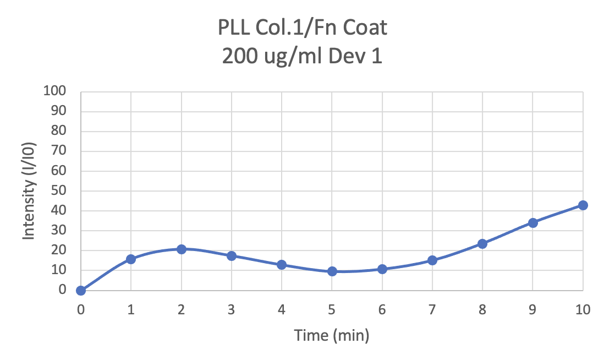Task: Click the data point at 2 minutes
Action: [x=181, y=249]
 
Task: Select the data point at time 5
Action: [x=332, y=271]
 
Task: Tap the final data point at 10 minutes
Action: [x=583, y=205]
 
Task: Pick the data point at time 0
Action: [x=81, y=290]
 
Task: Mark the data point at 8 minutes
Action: [x=482, y=244]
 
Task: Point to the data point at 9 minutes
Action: [x=532, y=223]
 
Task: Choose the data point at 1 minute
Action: [x=131, y=259]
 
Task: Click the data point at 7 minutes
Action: [x=432, y=260]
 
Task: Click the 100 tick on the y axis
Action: [x=54, y=91]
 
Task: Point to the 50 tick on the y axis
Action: [x=59, y=190]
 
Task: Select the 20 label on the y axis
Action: [x=59, y=250]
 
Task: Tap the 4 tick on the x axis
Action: [x=282, y=309]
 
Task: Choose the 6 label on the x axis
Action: [x=382, y=309]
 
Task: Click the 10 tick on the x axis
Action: [x=583, y=309]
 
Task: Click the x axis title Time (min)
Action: [x=332, y=335]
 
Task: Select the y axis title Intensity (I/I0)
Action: [x=29, y=191]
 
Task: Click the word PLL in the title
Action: [x=233, y=28]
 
